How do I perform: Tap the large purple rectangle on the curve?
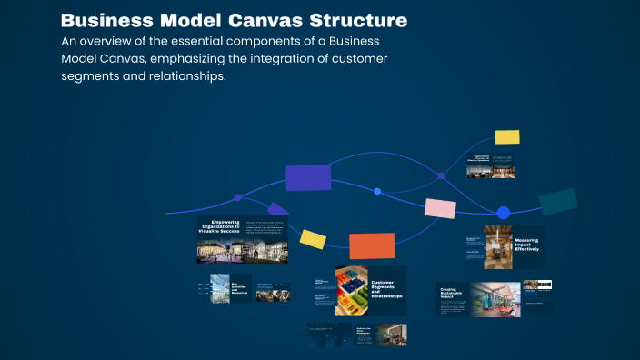(308, 177)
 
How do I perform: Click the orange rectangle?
(372, 245)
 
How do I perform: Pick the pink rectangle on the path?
(440, 208)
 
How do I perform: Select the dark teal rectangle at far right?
(558, 201)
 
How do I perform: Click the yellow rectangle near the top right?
(507, 137)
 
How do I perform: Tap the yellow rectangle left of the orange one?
(314, 239)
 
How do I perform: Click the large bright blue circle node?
(504, 213)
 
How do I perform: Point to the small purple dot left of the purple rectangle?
(238, 197)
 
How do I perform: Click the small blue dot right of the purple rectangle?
(377, 191)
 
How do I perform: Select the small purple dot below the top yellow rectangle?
(442, 175)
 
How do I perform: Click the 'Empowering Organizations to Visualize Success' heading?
(218, 227)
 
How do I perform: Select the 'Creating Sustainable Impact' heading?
(454, 295)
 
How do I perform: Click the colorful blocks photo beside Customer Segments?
(351, 290)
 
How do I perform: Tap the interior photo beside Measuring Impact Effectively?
(498, 246)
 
